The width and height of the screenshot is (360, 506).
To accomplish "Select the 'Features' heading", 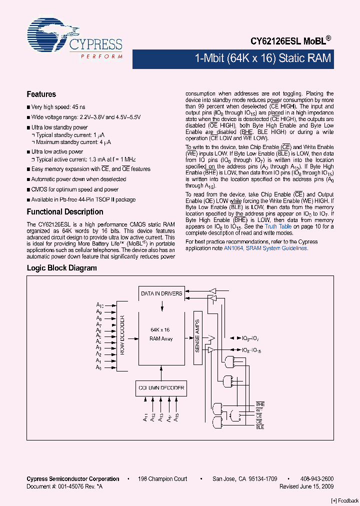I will click(x=41, y=94).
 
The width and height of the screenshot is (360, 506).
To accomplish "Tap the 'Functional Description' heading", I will click(x=65, y=211).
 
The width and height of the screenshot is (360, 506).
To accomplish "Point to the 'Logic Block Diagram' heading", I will click(x=61, y=268).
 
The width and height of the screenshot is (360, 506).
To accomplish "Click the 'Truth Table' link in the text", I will click(x=278, y=226).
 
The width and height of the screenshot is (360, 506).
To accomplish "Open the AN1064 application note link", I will click(x=247, y=248).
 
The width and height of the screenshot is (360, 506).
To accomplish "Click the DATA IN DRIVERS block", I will click(x=161, y=293).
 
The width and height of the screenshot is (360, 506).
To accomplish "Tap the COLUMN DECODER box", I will click(x=160, y=387).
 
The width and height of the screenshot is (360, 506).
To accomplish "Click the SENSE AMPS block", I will click(x=197, y=336).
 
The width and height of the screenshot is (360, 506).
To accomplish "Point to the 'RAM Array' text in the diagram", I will click(x=160, y=338).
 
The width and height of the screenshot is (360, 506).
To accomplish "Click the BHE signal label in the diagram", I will click(x=260, y=403).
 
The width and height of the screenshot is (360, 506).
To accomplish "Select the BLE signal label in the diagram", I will click(x=260, y=426).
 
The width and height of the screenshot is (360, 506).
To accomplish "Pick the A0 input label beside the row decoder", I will click(x=99, y=368).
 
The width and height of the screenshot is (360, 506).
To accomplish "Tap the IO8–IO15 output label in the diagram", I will click(x=251, y=351).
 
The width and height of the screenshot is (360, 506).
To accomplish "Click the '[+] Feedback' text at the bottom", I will click(x=345, y=500).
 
